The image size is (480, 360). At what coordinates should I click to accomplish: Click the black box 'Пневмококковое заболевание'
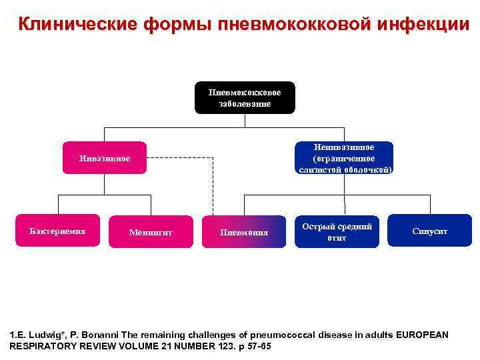(245, 97)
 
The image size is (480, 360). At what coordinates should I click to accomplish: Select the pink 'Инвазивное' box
(105, 158)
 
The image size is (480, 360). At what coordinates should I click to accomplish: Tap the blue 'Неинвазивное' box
(344, 158)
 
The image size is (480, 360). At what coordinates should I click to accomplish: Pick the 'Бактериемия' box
(57, 231)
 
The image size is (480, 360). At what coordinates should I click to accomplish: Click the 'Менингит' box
(151, 233)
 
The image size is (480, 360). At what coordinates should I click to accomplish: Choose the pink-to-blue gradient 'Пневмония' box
(244, 233)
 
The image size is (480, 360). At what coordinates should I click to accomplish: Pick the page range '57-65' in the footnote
(258, 347)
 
